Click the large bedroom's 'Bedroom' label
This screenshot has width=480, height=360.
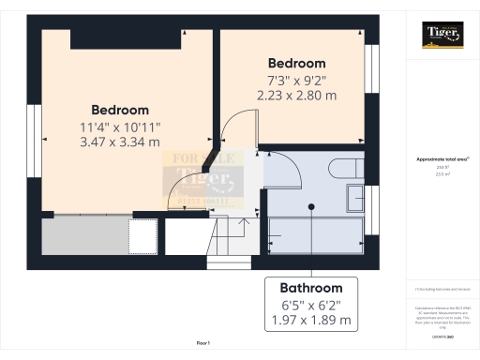click(120, 110)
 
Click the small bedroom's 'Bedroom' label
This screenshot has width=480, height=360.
click(296, 63)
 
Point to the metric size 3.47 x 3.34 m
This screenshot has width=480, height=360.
click(120, 142)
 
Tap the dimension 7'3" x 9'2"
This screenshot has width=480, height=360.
click(296, 80)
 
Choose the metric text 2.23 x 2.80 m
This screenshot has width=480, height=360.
click(296, 95)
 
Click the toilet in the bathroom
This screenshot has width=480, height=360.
click(343, 169)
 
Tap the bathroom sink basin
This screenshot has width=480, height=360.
click(356, 198)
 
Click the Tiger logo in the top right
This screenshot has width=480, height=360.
click(442, 37)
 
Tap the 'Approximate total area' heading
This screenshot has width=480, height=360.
click(441, 159)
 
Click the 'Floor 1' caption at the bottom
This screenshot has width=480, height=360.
click(203, 345)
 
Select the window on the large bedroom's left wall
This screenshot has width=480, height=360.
click(34, 135)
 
